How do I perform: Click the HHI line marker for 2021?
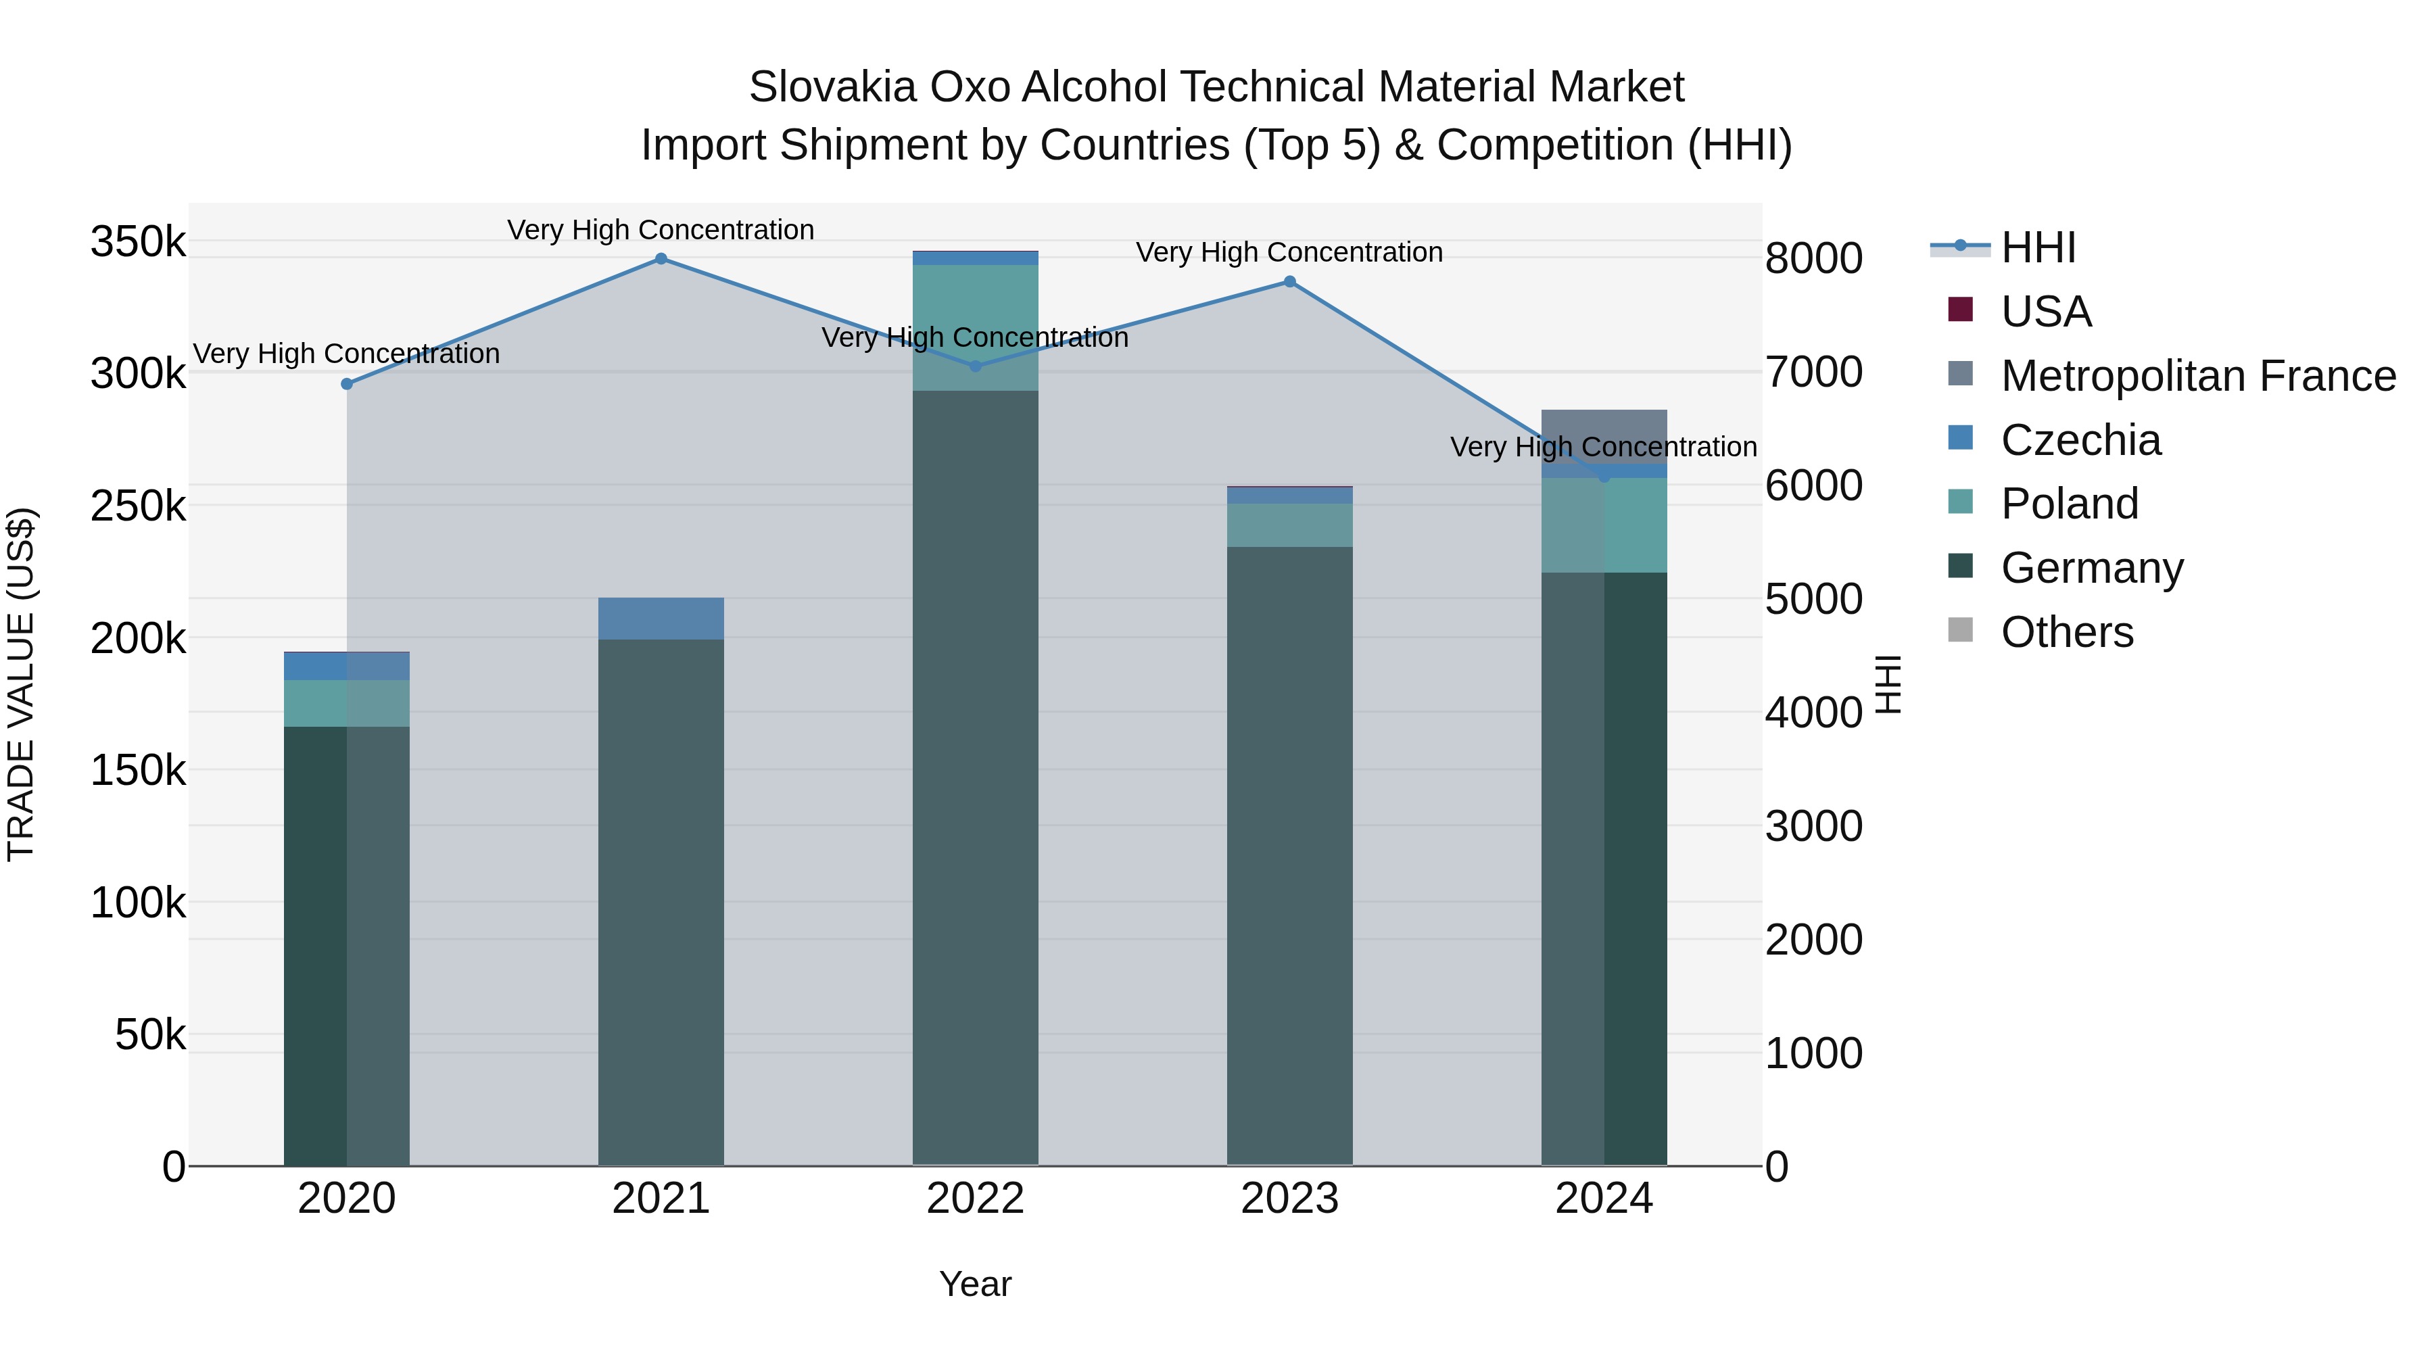(x=661, y=259)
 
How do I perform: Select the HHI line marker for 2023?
(x=1290, y=281)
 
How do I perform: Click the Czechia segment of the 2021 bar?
(x=661, y=619)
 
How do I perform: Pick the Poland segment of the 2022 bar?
(x=975, y=327)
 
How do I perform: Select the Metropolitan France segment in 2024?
(x=1604, y=430)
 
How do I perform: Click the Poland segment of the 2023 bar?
(x=1290, y=525)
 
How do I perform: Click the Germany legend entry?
(x=2091, y=568)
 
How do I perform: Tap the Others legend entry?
(x=2066, y=632)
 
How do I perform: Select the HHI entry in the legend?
(x=2037, y=247)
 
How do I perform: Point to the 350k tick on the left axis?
(x=138, y=242)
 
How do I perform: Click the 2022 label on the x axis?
(x=975, y=1199)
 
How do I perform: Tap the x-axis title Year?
(x=975, y=1284)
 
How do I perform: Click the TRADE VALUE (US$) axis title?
(x=21, y=684)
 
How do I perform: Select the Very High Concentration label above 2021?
(x=661, y=230)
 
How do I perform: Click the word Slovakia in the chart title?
(x=832, y=87)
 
